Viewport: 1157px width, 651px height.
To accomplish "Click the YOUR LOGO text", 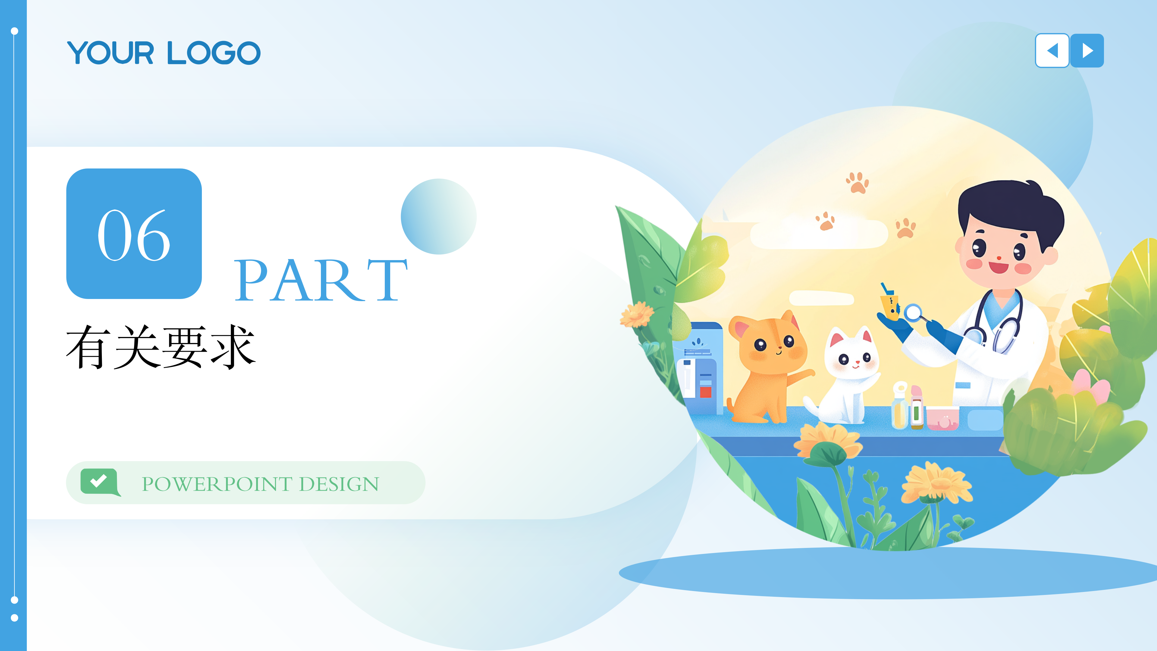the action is coord(164,53).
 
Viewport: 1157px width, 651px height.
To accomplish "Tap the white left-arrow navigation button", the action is coord(1052,51).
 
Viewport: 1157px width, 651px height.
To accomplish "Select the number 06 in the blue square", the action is coord(134,235).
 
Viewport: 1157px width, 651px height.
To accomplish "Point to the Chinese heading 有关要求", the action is coord(161,347).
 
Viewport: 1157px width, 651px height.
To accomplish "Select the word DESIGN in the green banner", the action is coord(339,484).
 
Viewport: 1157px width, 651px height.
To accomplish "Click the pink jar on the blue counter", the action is coord(942,418).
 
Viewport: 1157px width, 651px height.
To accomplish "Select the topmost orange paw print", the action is coord(858,183).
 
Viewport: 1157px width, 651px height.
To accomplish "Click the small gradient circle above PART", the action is coord(438,217).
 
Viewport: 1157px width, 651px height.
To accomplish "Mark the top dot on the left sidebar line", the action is coord(14,31).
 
